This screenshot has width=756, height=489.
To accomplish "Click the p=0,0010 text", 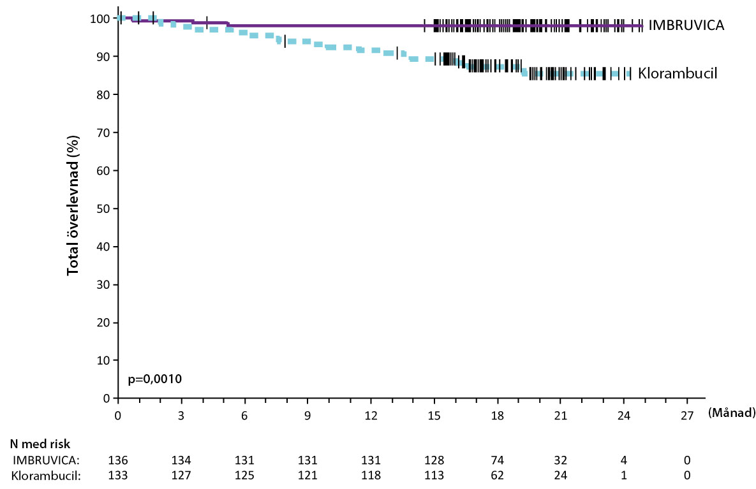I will (155, 379).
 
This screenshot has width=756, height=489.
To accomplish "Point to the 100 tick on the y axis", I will (100, 18).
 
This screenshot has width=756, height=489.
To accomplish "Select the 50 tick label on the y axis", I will (103, 208).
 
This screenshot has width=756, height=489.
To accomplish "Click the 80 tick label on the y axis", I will (103, 94).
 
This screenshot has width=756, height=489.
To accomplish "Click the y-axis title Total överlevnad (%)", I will (73, 205).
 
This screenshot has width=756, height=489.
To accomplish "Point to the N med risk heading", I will (39, 443).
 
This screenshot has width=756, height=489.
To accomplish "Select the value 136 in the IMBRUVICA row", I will (118, 460).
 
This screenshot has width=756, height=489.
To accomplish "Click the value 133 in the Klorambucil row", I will (118, 474).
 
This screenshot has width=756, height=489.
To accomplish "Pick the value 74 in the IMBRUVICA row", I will (498, 460).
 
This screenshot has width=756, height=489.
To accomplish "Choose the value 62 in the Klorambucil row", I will (498, 474).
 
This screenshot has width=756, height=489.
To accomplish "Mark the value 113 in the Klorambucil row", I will (434, 474).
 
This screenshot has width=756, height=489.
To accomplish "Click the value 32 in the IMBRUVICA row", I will (560, 460).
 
